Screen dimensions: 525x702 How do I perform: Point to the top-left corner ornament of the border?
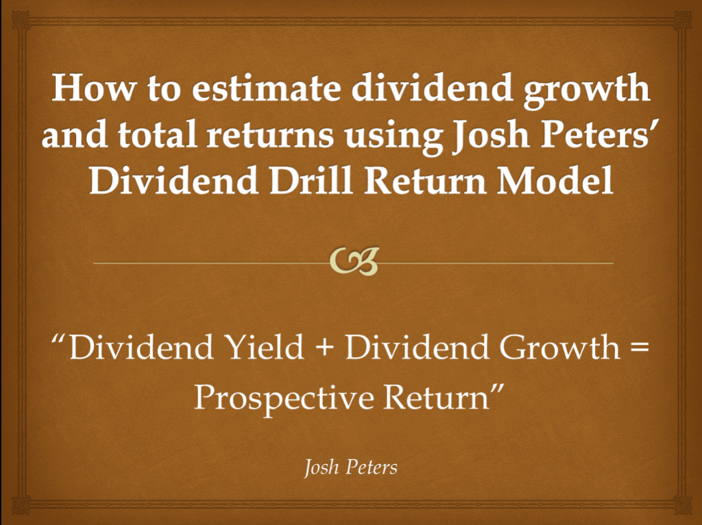21,20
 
